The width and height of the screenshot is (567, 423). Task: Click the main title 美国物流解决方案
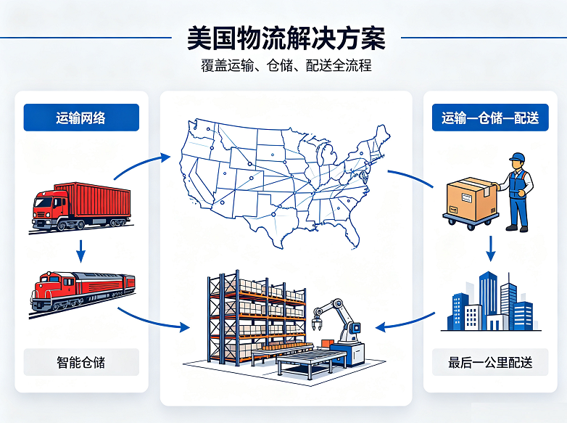[286, 38]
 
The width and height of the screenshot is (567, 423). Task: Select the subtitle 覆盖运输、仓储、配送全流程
[286, 65]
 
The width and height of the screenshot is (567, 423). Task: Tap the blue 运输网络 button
[81, 118]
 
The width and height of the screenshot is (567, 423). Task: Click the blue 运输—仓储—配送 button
[490, 118]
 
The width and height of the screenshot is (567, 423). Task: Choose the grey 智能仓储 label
[81, 362]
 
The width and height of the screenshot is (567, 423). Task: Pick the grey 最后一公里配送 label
[490, 362]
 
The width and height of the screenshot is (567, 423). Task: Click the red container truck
[81, 207]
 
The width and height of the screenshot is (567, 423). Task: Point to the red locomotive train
[83, 293]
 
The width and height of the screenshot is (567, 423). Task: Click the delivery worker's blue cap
[518, 157]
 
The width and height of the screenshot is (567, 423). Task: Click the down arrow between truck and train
[81, 251]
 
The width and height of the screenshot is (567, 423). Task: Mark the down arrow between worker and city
[490, 249]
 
